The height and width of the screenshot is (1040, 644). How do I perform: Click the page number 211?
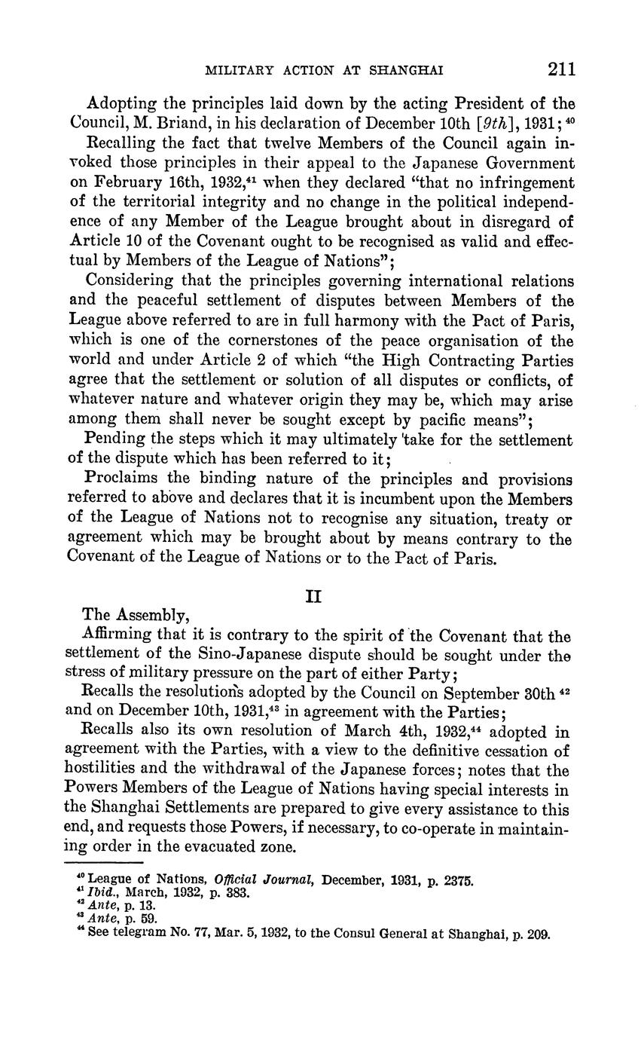coord(562,70)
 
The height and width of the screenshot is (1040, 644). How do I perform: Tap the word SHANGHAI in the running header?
coord(406,72)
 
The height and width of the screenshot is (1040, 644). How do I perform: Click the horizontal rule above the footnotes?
coord(105,863)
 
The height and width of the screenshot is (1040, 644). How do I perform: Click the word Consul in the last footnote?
coord(364,935)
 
